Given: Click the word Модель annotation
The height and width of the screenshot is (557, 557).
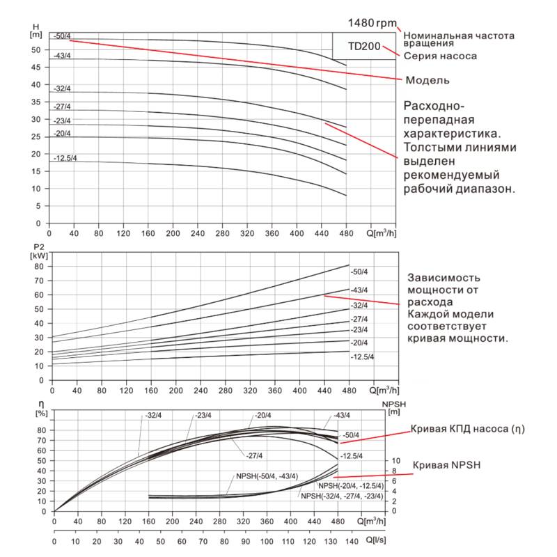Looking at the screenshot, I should pyautogui.click(x=427, y=80).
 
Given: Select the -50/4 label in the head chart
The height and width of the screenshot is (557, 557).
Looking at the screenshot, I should pyautogui.click(x=63, y=36).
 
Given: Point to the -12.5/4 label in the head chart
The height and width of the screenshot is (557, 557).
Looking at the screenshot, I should pyautogui.click(x=66, y=159).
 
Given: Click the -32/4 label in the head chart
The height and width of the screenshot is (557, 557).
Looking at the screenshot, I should pyautogui.click(x=63, y=88).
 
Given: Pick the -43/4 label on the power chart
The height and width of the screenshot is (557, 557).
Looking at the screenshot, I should pyautogui.click(x=359, y=290).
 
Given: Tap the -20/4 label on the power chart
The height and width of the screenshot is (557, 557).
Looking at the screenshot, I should pyautogui.click(x=359, y=343).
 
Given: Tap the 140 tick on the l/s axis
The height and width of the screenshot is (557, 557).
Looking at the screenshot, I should pyautogui.click(x=352, y=541).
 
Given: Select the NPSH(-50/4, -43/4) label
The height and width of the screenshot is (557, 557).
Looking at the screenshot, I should pyautogui.click(x=267, y=476).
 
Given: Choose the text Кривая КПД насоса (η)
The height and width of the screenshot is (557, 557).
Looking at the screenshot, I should pyautogui.click(x=467, y=430).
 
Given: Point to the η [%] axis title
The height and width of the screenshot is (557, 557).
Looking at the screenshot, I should pyautogui.click(x=40, y=409).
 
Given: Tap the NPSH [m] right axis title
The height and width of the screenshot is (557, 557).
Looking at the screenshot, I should pyautogui.click(x=393, y=407).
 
